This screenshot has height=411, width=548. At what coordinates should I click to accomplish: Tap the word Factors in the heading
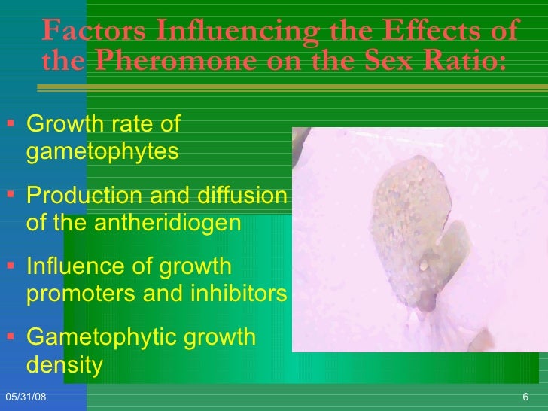[95, 31]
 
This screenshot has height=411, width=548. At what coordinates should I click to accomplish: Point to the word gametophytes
[102, 152]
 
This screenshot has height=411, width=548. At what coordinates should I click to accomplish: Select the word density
[64, 365]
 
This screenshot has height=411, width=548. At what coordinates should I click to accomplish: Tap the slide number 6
[525, 397]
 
